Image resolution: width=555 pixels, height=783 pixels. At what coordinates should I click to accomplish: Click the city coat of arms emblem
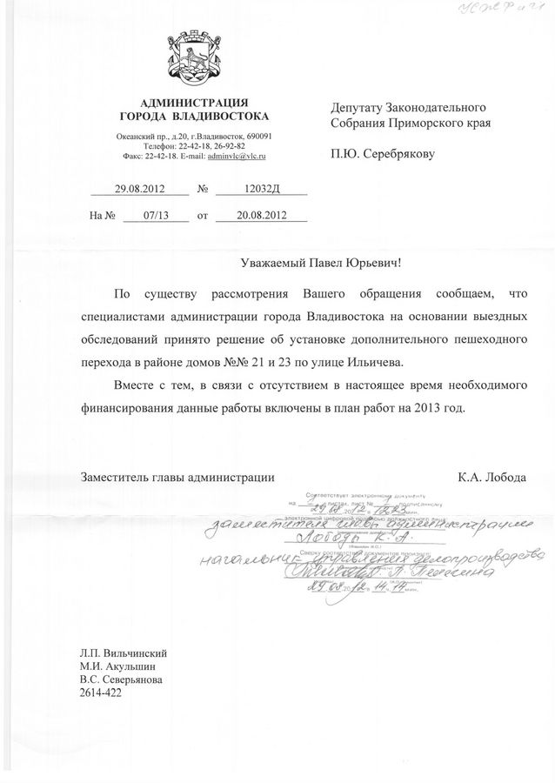point(195,58)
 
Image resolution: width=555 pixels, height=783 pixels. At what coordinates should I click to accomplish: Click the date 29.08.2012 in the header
point(140,188)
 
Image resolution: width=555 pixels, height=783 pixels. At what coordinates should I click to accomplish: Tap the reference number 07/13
point(156,214)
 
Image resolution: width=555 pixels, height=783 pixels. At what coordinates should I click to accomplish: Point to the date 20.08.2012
point(250,214)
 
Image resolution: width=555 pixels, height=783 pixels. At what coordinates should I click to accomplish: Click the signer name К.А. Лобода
point(491,477)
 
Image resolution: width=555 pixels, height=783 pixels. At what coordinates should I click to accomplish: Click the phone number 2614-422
point(101,693)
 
